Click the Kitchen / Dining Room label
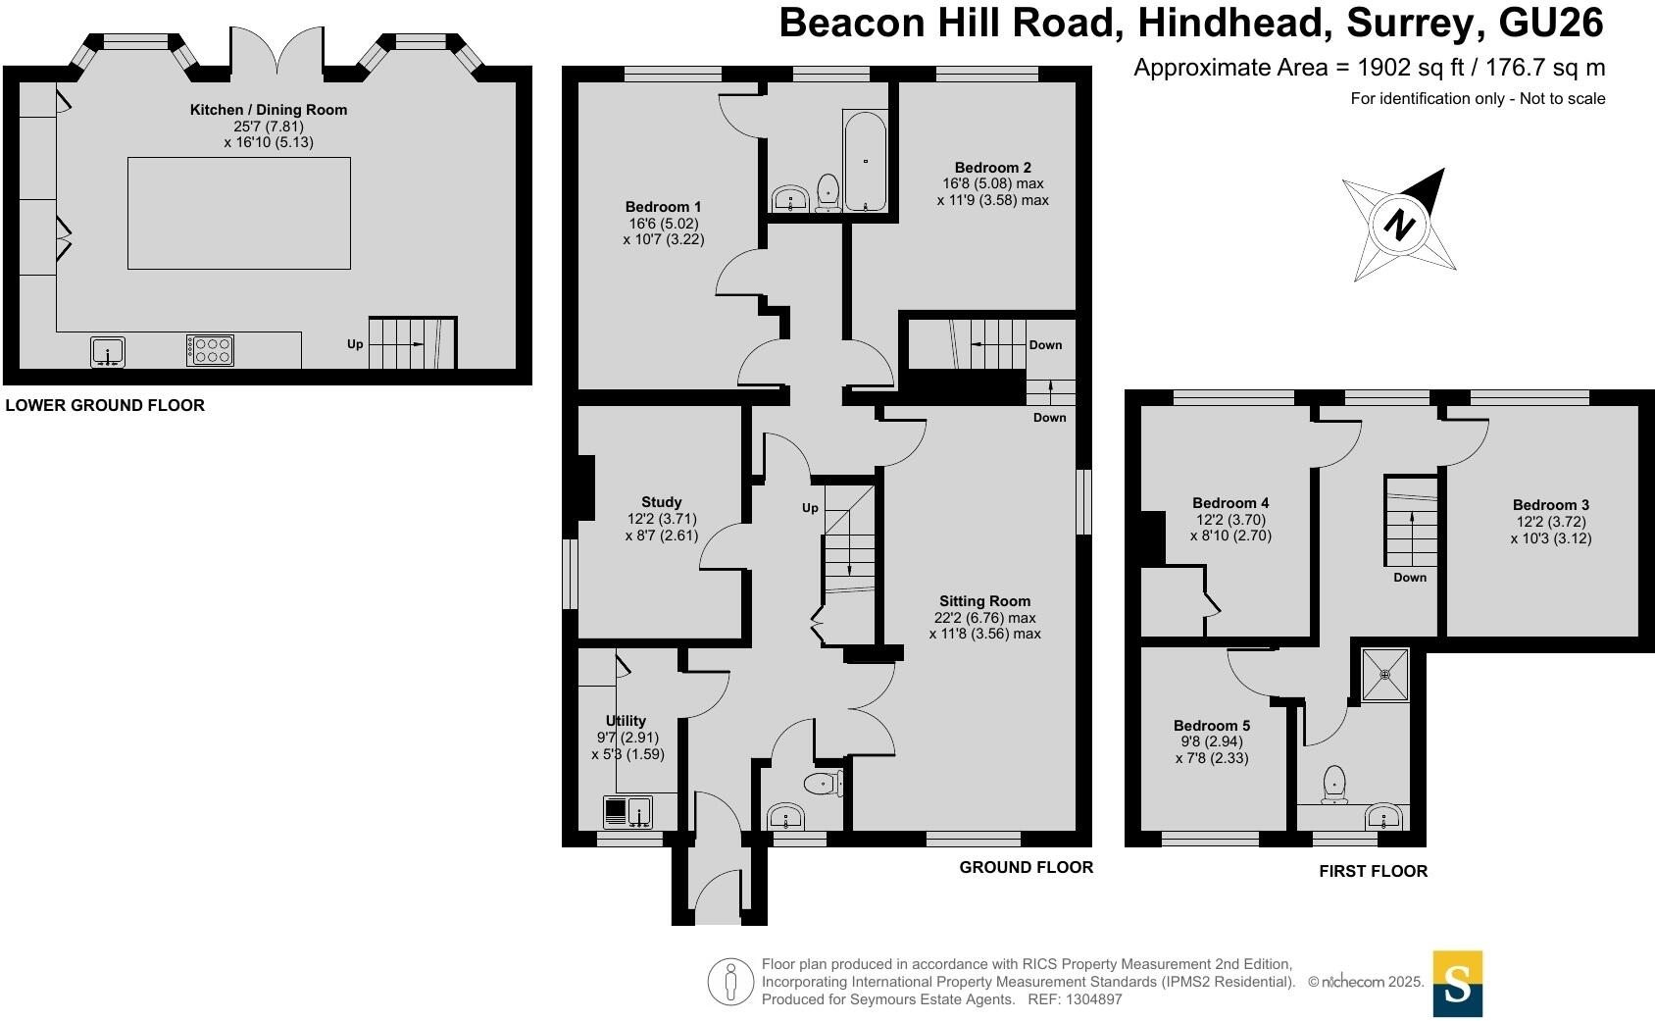269,110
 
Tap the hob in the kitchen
210,350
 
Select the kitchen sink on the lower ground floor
108,351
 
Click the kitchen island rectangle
238,213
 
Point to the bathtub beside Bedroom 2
865,161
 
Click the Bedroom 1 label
663,207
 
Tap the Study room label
661,502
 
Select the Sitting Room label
985,601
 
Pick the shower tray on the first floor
1384,674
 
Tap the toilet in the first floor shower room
1333,785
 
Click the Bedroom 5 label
1212,725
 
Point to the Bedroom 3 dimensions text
1551,530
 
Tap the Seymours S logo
1458,984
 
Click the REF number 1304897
1093,999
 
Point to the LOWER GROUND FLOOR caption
105,405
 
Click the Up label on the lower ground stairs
355,344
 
